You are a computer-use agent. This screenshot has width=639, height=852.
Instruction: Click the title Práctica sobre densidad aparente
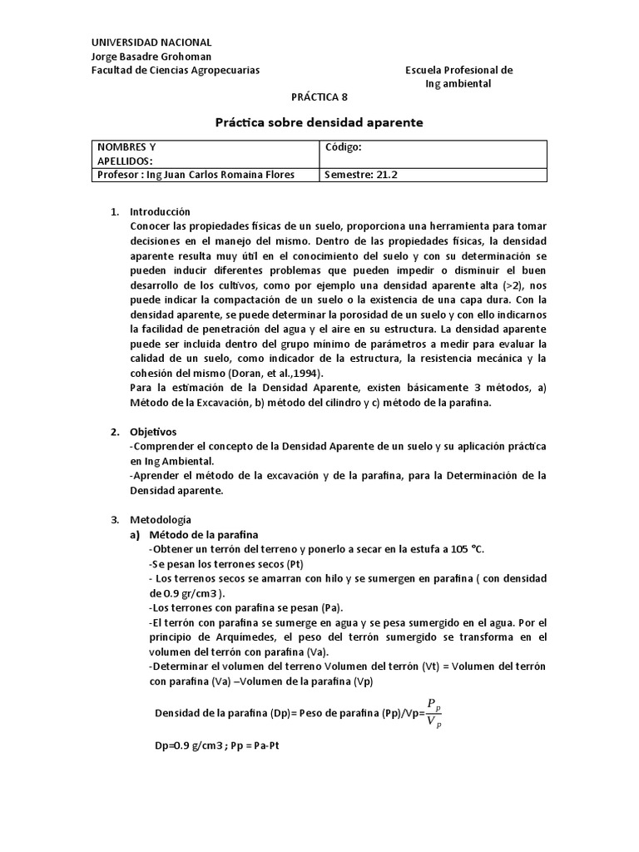[319, 122]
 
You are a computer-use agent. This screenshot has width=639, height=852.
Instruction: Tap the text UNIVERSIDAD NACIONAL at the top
[151, 42]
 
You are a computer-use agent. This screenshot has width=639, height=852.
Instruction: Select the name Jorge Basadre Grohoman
[151, 57]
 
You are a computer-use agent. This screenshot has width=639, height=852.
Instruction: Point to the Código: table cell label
[344, 147]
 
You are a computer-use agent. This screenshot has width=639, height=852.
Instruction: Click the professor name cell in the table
[196, 175]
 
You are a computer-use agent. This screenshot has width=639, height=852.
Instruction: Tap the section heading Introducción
[161, 212]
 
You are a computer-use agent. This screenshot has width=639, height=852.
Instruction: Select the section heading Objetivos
[154, 432]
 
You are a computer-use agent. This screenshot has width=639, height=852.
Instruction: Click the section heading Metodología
[161, 519]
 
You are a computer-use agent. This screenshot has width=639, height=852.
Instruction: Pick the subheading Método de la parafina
[203, 534]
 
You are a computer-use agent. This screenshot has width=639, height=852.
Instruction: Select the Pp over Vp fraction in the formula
[433, 712]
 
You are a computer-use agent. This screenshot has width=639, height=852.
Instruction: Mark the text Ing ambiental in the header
[458, 84]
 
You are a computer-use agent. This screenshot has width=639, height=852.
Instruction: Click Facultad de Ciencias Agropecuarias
[175, 71]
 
